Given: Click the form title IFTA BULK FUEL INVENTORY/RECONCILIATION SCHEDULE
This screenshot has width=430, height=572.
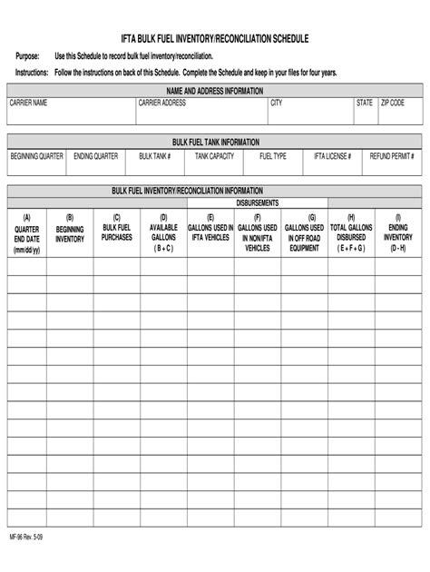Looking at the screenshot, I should pos(215,40).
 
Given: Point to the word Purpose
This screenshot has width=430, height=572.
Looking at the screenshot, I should pos(28,56).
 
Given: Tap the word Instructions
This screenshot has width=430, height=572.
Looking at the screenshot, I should pos(32,71).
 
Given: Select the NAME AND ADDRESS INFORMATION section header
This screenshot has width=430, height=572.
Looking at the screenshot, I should pos(216,92).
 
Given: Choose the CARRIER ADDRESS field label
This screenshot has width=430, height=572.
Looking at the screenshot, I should pos(162,104).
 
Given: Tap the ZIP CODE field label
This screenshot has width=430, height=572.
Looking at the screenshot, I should pos(393,104).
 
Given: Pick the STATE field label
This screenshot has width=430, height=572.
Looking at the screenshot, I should pos(365,104).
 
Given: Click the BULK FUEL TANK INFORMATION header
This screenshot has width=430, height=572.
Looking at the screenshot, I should pos(216,143).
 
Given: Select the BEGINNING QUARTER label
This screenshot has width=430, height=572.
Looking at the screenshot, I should pos(37,156).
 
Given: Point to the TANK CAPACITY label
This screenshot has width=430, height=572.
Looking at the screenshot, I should pos(215,156).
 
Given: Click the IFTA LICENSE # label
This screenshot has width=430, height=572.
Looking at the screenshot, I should pos(333,156).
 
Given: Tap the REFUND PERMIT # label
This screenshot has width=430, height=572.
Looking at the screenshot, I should pos(392,156).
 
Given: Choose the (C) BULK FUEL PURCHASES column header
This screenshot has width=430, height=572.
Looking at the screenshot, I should pos(117,227).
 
